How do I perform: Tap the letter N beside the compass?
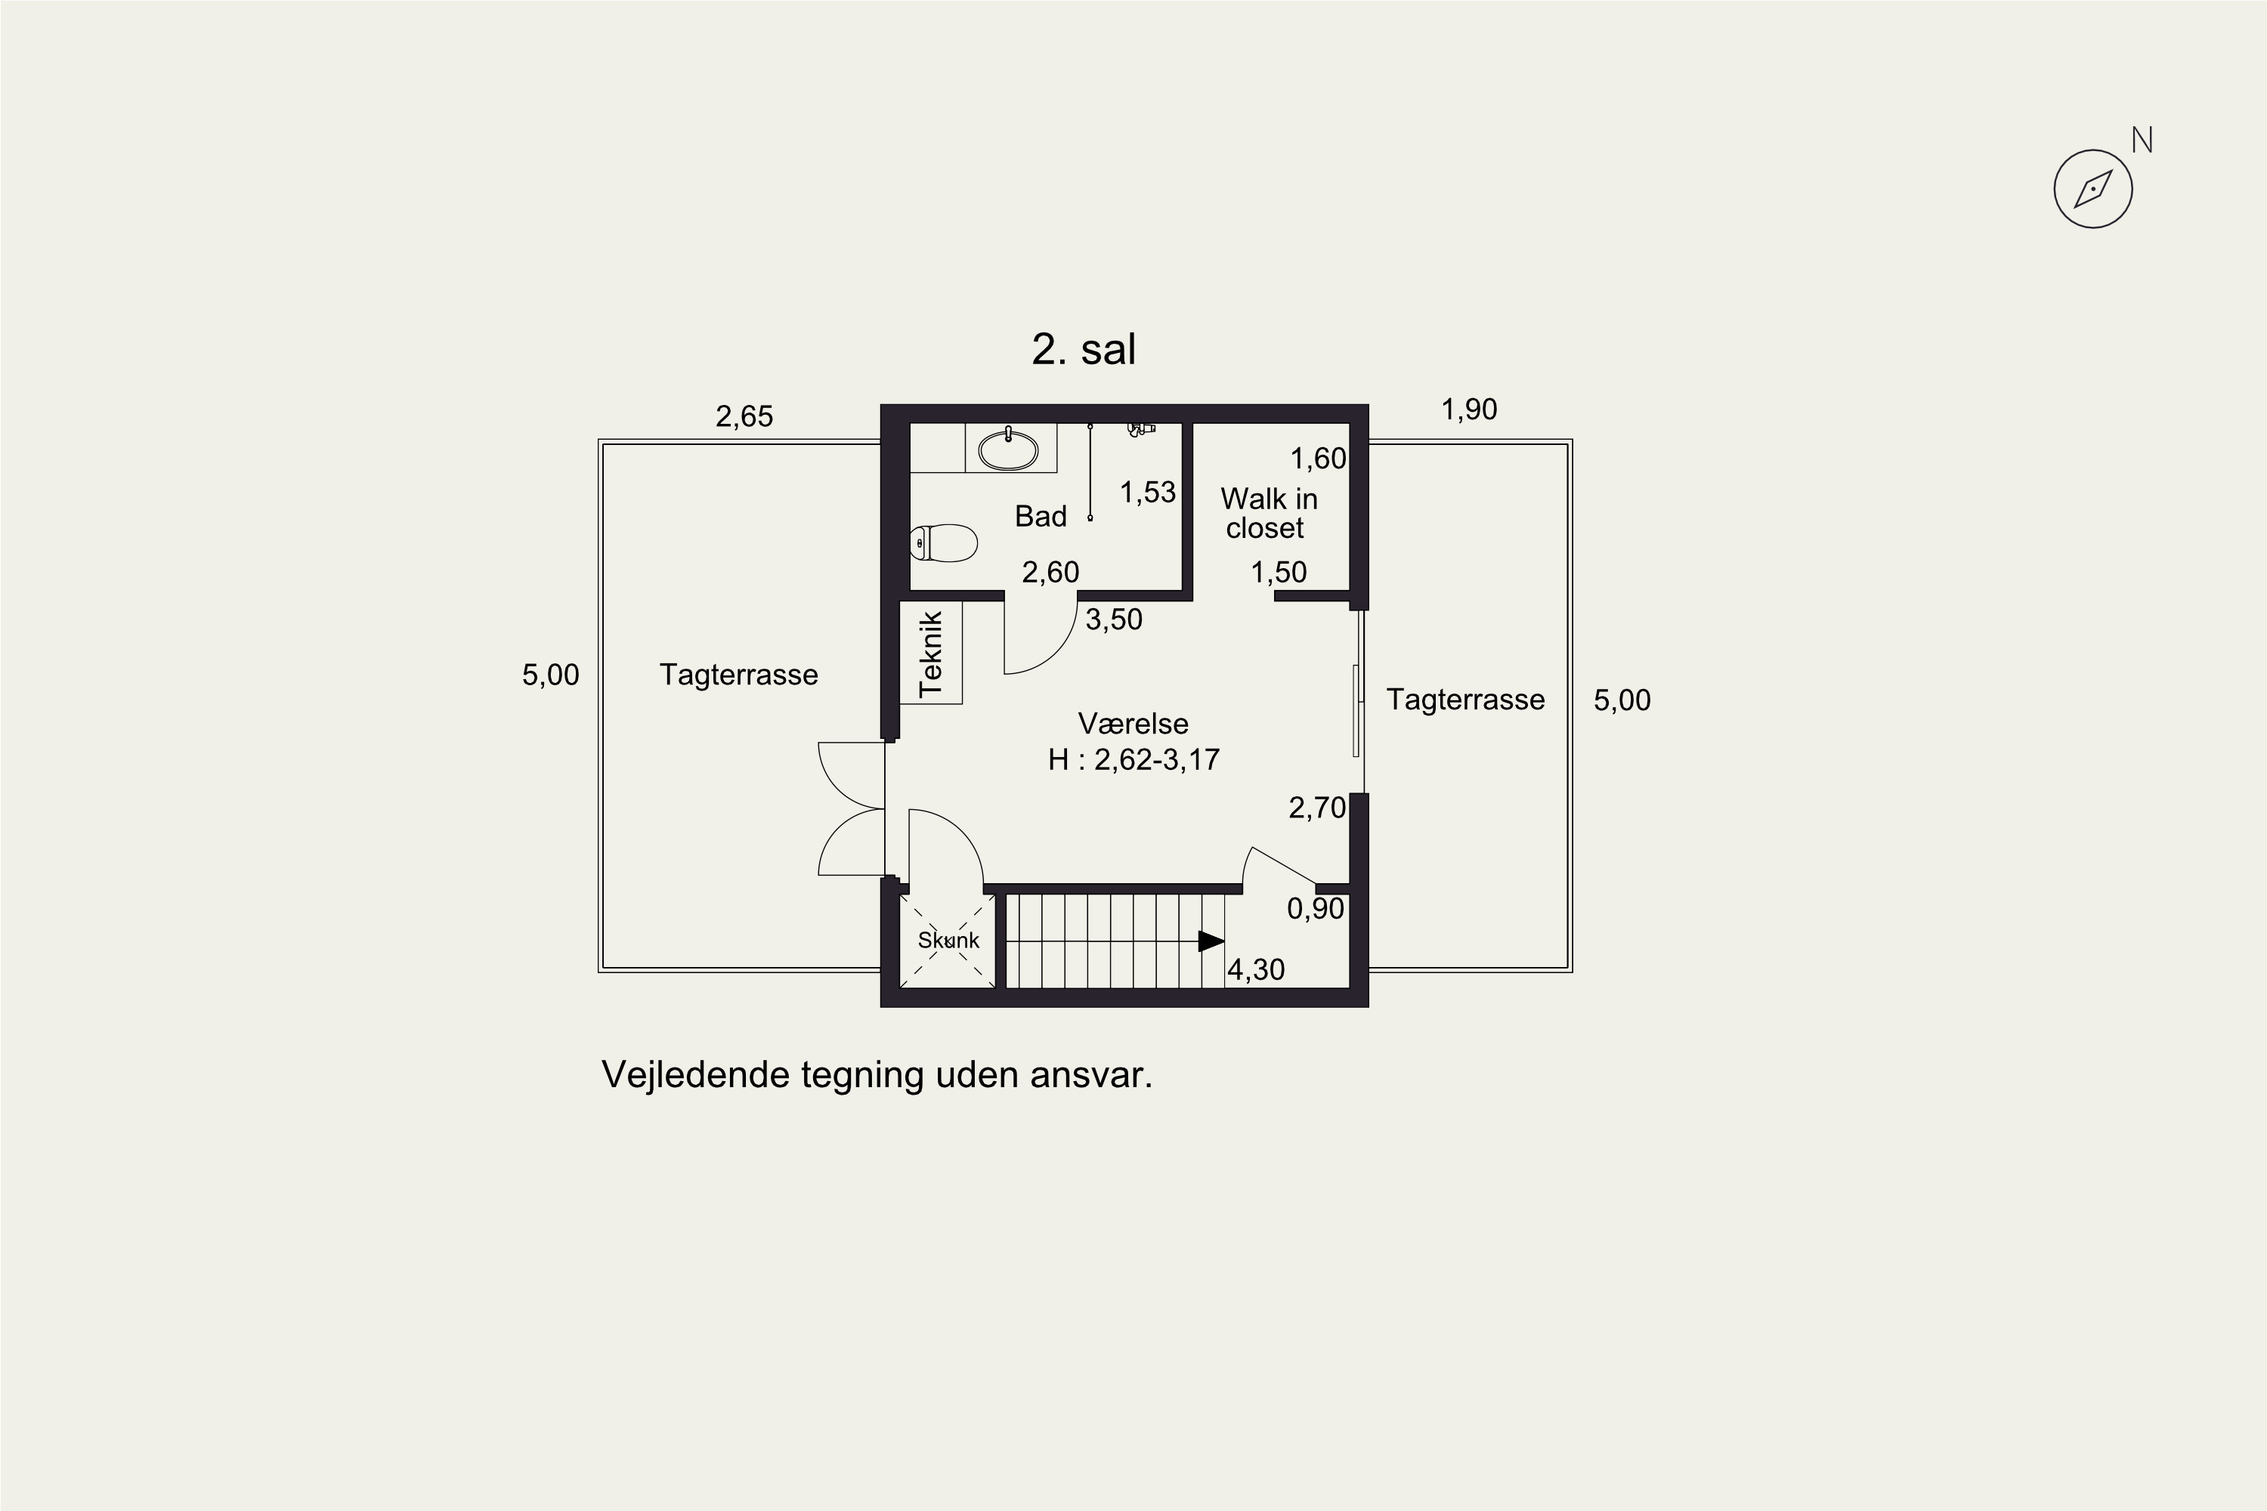click(x=2142, y=141)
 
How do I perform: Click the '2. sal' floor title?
click(x=1084, y=349)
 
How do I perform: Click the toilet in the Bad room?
click(x=944, y=543)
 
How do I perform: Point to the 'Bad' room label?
click(x=1040, y=517)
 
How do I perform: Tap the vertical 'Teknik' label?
click(x=931, y=654)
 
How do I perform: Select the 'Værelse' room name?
click(x=1133, y=724)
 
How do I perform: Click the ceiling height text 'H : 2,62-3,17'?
click(x=1133, y=759)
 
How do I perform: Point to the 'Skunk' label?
click(x=948, y=941)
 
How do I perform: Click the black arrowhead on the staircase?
click(x=1211, y=941)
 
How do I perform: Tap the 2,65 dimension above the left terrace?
click(x=744, y=416)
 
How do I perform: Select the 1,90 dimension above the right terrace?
click(x=1469, y=409)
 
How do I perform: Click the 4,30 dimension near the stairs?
click(x=1256, y=969)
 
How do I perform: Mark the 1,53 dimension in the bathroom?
click(x=1148, y=493)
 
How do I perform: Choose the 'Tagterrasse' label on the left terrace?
click(x=738, y=675)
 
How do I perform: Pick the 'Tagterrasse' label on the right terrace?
click(x=1465, y=700)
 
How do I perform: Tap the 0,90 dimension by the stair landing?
click(x=1316, y=909)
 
